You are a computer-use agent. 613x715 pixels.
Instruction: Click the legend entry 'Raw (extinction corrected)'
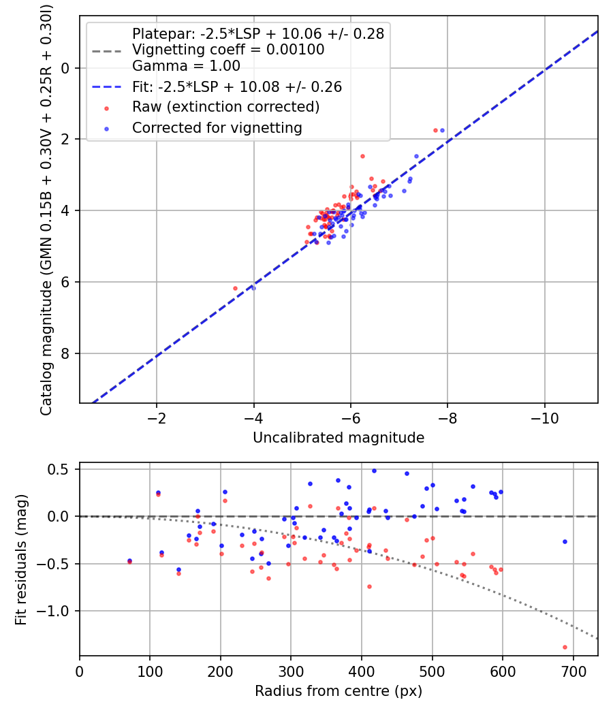225,107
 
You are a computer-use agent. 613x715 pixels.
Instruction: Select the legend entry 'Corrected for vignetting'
217,128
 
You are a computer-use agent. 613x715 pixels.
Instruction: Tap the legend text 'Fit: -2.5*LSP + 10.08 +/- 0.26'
237,86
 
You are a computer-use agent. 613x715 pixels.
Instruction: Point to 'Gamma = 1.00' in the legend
186,65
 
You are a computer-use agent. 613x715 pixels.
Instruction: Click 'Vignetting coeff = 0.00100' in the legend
228,49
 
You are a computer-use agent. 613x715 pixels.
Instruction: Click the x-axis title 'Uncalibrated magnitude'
339,438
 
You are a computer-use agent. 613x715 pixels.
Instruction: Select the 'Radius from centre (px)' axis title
339,691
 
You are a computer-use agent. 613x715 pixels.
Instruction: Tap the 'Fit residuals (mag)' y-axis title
20,560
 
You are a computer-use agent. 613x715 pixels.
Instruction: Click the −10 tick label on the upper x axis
545,418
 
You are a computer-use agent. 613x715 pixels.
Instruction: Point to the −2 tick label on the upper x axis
157,418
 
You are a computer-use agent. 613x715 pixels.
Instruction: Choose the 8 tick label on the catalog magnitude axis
65,353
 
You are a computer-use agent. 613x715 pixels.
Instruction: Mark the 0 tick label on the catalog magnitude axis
65,68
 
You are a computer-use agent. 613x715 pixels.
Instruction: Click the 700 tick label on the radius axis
573,671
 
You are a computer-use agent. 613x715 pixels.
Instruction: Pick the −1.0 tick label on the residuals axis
52,611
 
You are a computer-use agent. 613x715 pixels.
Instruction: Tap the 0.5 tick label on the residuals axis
58,469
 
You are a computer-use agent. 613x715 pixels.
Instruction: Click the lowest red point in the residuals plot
565,647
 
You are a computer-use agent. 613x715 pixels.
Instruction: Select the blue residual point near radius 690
565,542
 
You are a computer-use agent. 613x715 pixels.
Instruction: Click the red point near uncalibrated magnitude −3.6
236,288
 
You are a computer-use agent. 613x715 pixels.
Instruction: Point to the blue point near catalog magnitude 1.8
442,131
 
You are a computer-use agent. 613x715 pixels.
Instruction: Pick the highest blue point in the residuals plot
374,471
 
